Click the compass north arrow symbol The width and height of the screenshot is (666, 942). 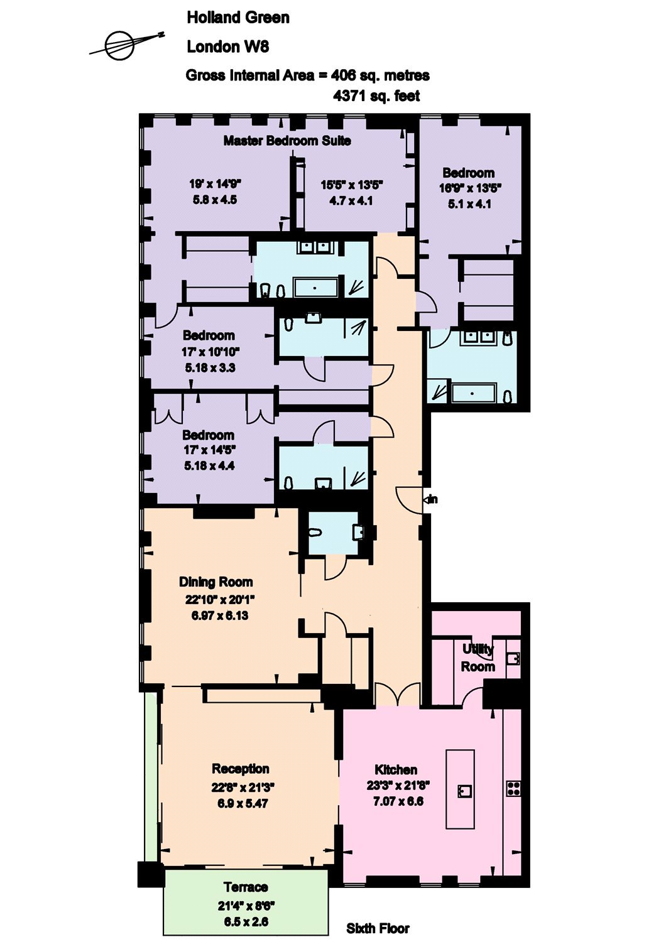pos(126,44)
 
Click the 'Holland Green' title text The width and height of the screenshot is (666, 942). pos(238,18)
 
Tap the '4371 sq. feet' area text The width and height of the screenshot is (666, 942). pos(376,96)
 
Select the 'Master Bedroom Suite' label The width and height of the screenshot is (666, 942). pos(287,141)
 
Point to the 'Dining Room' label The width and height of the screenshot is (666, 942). pos(216,582)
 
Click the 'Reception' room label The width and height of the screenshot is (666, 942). pos(240,769)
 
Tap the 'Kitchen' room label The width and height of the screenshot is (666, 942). pos(396,769)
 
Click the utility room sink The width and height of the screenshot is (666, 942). pos(514,657)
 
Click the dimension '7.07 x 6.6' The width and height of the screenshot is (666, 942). pos(398,801)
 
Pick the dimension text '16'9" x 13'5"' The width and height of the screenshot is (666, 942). pos(471,188)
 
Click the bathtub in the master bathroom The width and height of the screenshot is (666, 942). pos(315,288)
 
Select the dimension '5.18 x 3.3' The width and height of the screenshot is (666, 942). pos(210,368)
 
